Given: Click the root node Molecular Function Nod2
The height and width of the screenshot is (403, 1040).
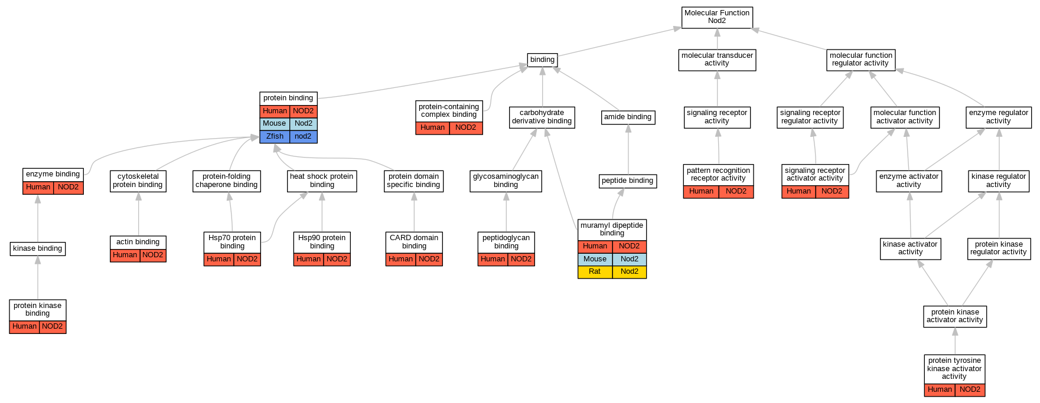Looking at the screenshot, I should (x=717, y=17).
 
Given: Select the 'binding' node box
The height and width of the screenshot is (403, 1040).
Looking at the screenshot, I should (x=542, y=60).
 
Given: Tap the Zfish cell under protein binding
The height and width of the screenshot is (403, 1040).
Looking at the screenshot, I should (x=275, y=136).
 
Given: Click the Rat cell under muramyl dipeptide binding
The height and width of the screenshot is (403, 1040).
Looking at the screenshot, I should (x=595, y=271).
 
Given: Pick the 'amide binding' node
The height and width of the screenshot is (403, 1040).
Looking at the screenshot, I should (x=628, y=117).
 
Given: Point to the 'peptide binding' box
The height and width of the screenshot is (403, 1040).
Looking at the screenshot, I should (x=627, y=181).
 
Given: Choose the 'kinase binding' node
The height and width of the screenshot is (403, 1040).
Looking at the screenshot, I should (x=38, y=248).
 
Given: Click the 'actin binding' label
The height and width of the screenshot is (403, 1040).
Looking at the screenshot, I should (x=138, y=242).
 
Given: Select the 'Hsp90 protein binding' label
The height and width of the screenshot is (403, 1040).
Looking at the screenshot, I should (x=322, y=242).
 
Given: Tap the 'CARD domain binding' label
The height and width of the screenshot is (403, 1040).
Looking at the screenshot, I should (x=414, y=242).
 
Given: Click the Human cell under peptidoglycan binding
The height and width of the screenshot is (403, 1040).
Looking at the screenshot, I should (x=493, y=259).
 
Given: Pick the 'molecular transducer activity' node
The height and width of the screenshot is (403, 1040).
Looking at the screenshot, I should (x=717, y=60).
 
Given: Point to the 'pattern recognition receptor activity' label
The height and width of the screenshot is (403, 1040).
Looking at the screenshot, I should (x=718, y=174).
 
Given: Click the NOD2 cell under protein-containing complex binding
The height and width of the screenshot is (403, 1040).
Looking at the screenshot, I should (x=465, y=127).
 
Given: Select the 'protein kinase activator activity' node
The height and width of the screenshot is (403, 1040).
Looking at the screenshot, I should (x=955, y=316).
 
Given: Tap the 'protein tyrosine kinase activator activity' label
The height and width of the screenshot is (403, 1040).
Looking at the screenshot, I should (x=954, y=368).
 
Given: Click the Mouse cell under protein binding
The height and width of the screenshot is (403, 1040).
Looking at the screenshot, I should (x=275, y=123).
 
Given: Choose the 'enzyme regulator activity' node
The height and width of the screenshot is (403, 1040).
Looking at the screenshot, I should (x=999, y=117).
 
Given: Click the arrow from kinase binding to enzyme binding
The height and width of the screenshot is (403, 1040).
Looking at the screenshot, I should (x=38, y=219).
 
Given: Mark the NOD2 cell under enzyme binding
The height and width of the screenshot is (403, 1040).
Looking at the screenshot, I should (x=68, y=187).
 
